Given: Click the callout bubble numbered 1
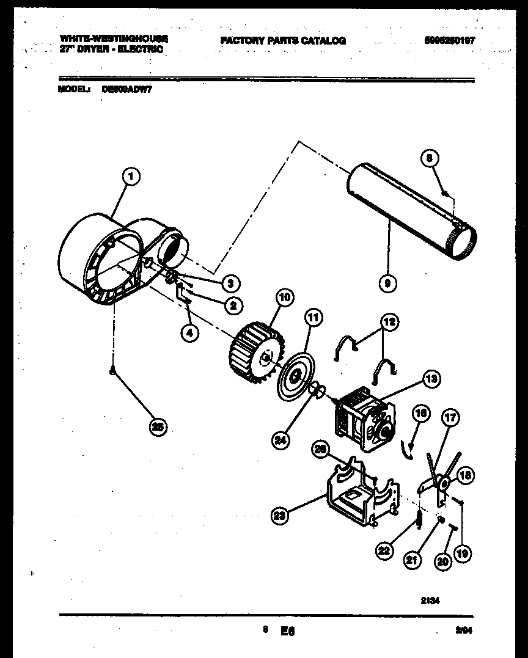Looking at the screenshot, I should (x=131, y=178).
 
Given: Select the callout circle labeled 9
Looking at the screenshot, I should (x=388, y=283).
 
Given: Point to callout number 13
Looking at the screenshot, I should (x=431, y=379).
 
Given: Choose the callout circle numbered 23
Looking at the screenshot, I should (x=280, y=516).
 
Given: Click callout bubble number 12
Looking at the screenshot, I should (x=389, y=321).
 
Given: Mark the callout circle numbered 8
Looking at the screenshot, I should (x=430, y=158).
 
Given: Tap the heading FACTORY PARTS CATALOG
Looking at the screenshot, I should (x=283, y=41).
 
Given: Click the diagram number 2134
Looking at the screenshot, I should (x=431, y=601).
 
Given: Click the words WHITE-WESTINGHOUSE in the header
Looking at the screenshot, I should (x=114, y=38).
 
